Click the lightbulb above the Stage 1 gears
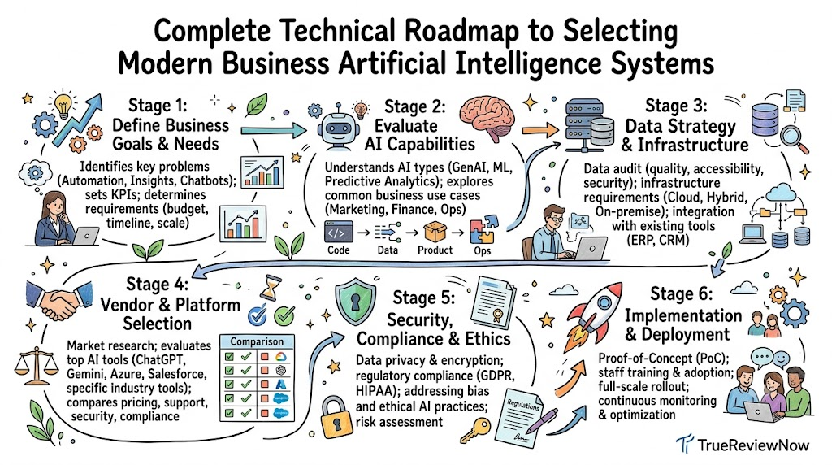[x=63, y=105]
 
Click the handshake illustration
[x=58, y=301]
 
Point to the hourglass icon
[x=270, y=287]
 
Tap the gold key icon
[x=474, y=431]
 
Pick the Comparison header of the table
[x=257, y=341]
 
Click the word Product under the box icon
[x=435, y=250]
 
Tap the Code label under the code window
[x=339, y=250]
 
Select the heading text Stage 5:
[x=423, y=298]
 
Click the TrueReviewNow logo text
[x=753, y=445]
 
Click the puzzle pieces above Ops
[x=483, y=229]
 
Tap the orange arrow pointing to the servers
[x=539, y=130]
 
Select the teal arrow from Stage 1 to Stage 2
[x=274, y=129]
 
